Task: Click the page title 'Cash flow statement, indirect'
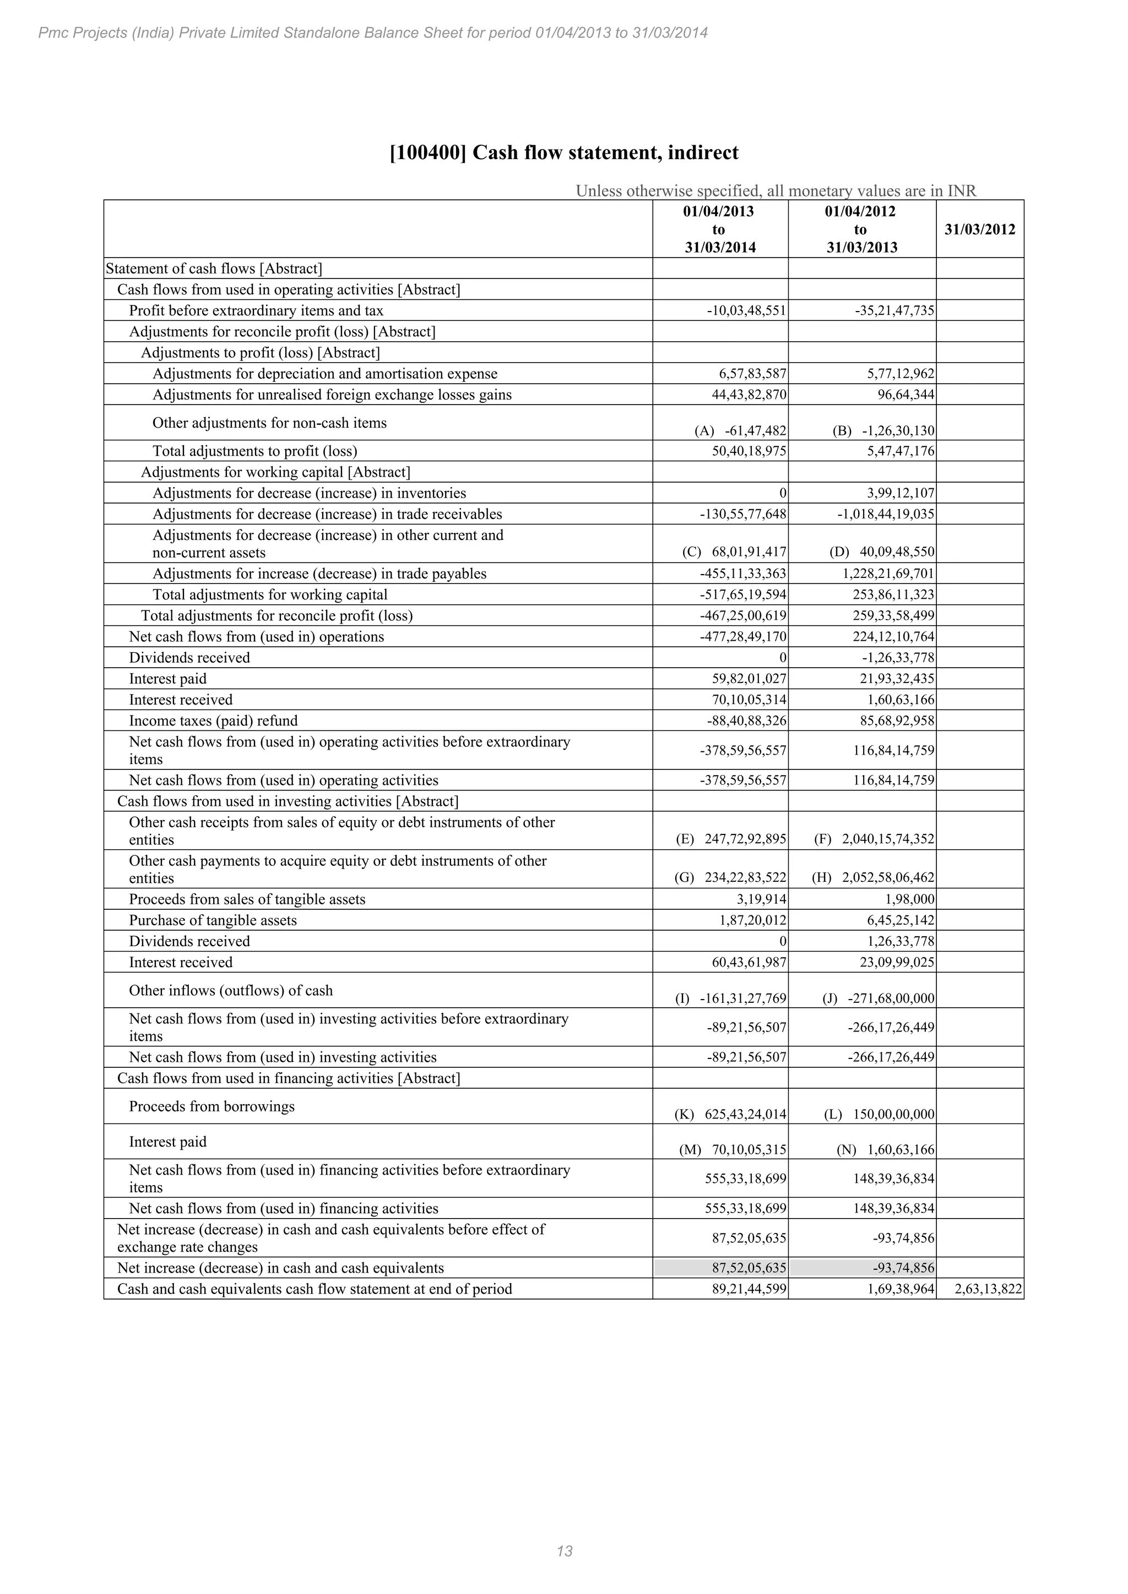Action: [564, 152]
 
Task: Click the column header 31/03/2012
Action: [979, 230]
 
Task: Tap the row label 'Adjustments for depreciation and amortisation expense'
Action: [324, 374]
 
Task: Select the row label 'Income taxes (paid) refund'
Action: [213, 720]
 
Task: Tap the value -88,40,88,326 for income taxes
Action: [742, 720]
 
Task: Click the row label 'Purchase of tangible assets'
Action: [213, 921]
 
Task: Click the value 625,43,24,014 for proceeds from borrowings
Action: [745, 1114]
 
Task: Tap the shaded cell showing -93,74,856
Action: [862, 1268]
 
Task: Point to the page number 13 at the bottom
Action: [564, 1551]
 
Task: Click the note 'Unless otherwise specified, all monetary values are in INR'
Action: [776, 191]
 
